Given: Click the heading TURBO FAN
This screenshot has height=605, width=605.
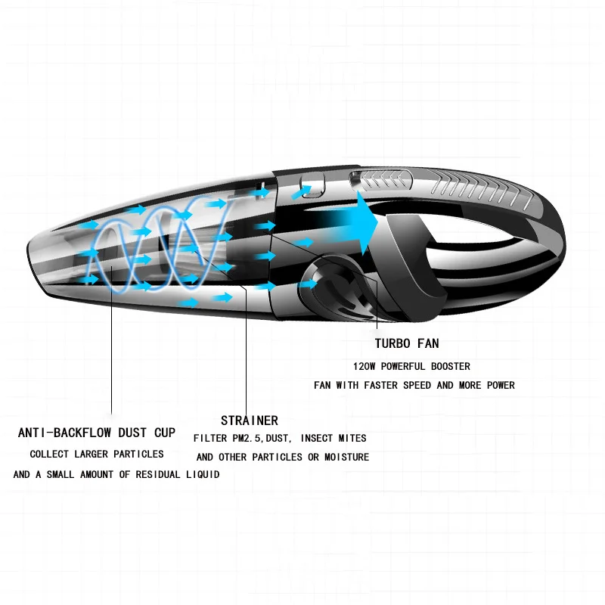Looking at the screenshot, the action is tap(406, 344).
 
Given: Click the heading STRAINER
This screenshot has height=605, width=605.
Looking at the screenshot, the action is tap(250, 420).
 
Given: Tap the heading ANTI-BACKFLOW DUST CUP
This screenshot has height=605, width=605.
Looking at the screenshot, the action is tap(97, 433).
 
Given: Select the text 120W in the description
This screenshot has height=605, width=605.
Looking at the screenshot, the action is tap(365, 366).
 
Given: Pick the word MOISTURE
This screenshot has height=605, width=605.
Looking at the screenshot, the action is tap(346, 458).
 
